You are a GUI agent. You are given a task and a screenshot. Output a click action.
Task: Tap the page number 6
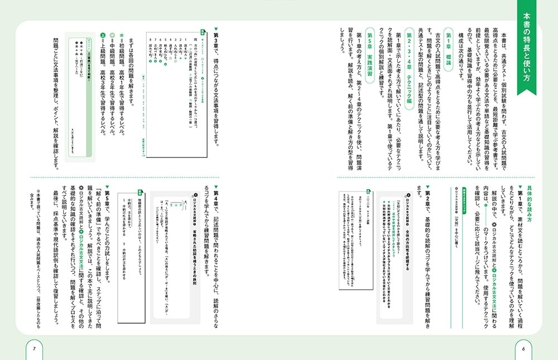523,349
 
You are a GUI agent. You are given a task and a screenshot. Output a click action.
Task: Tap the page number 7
34,349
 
